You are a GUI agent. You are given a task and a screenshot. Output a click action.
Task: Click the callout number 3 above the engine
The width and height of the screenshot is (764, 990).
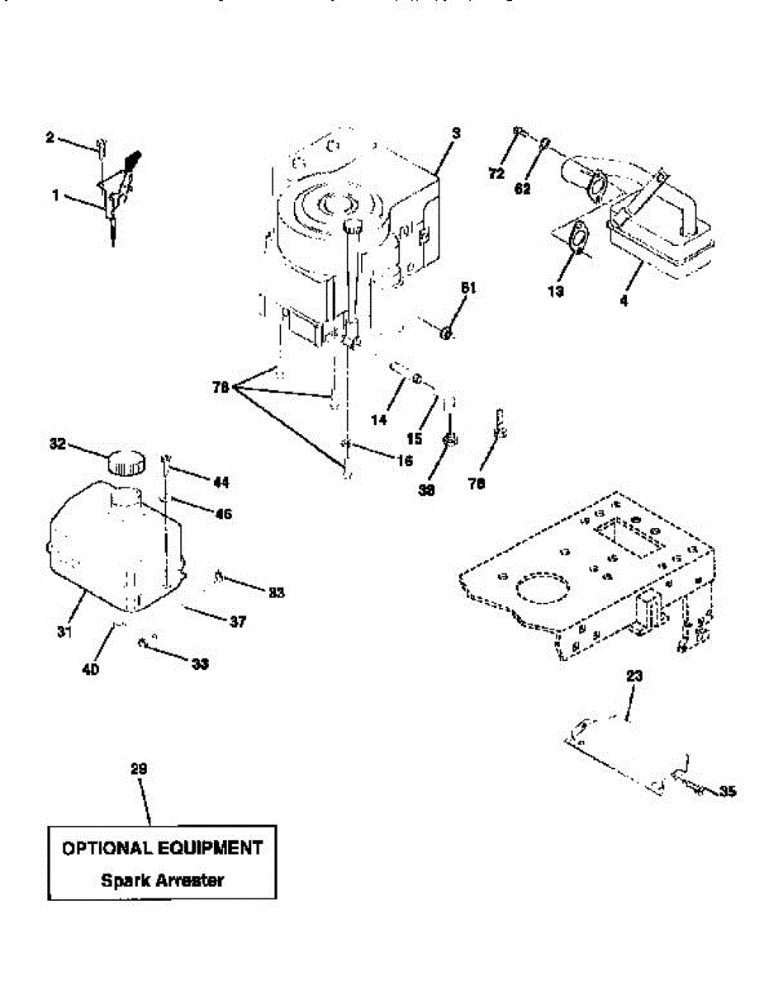point(456,132)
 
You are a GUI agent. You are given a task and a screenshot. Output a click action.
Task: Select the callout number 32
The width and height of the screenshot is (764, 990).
point(57,443)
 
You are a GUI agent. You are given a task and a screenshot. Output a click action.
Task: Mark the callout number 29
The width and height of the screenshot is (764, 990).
point(139,769)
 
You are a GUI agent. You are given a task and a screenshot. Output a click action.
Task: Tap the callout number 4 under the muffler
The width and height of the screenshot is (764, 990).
point(624,301)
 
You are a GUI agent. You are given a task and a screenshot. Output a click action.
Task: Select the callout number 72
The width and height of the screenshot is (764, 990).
point(496,173)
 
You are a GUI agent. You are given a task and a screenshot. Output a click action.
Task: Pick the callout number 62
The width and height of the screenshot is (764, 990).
point(523,188)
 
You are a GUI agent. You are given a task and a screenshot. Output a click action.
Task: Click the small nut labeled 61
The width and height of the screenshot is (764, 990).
point(446,333)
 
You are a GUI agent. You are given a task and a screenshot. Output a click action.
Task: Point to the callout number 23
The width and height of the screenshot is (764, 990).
point(634,676)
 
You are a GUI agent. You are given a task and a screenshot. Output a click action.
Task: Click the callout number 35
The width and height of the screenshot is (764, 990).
point(727,793)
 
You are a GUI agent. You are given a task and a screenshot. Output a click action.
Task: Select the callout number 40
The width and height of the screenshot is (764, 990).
point(91,670)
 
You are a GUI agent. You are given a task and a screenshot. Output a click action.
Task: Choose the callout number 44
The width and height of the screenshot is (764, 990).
point(221,482)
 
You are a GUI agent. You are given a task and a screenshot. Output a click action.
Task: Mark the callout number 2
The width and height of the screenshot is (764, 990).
point(50,139)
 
